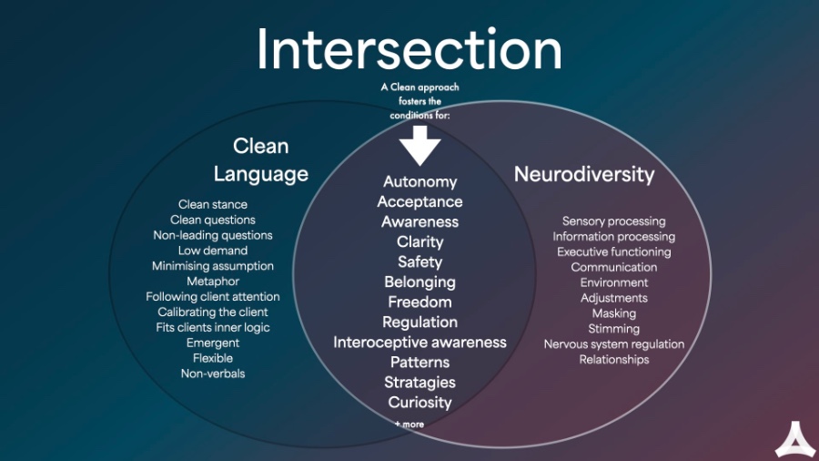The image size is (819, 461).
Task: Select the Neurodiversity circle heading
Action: [584, 174]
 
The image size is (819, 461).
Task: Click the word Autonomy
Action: [420, 182]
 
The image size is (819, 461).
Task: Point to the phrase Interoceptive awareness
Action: [420, 343]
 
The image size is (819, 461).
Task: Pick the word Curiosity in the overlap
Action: [420, 403]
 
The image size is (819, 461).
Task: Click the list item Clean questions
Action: [213, 220]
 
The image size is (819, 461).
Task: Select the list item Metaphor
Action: [213, 282]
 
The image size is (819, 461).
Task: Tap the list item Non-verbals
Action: [213, 374]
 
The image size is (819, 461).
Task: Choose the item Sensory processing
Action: [614, 221]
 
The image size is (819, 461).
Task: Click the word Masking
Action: [614, 313]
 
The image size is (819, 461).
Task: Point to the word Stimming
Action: [614, 329]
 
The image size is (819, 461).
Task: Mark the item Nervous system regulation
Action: [614, 344]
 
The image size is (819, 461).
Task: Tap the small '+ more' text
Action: [409, 424]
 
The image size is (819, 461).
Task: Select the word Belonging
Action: [420, 282]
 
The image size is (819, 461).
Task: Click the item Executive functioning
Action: [614, 252]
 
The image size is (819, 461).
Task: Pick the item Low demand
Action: [213, 251]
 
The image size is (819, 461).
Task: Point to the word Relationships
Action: [614, 360]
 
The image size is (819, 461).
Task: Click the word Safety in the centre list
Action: [420, 262]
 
